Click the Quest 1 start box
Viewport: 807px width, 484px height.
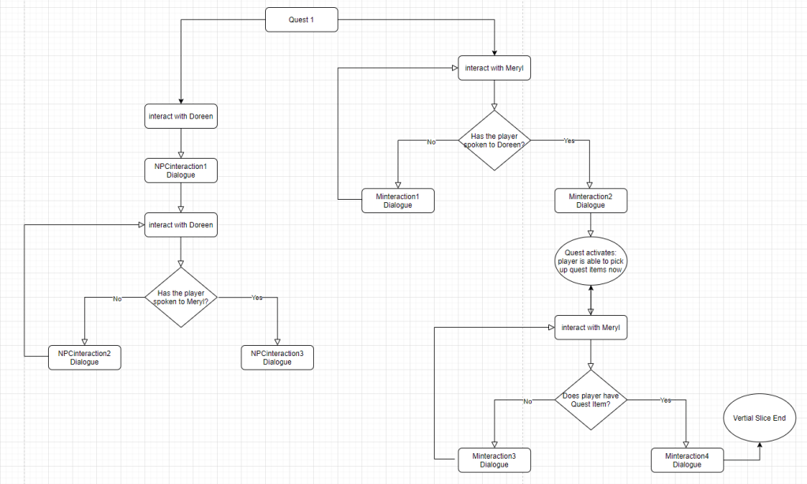coord(301,20)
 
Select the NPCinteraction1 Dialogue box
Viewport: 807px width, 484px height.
coord(181,171)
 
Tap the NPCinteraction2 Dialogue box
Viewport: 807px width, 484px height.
coord(84,357)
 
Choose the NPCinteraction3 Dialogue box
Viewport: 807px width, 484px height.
coord(277,357)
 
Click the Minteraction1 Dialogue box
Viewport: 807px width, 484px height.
coord(398,201)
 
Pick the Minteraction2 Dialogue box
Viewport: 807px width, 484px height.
coord(591,201)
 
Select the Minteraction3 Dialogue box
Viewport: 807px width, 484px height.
coord(494,460)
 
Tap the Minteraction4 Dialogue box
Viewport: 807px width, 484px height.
coord(687,460)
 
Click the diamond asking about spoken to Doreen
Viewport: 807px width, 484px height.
coord(495,141)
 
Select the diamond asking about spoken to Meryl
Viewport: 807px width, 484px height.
coord(181,298)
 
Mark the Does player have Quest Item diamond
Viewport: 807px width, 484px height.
coord(591,400)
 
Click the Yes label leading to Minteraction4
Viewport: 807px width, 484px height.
coord(665,400)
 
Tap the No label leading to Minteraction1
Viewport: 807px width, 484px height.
coord(431,141)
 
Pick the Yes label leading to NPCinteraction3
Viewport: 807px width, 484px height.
coord(256,298)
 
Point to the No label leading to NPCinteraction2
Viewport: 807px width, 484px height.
coord(118,298)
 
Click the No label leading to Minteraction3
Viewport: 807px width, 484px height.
coord(528,401)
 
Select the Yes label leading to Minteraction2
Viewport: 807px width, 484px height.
coord(569,141)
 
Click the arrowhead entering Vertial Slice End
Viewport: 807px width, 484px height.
coord(760,445)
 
